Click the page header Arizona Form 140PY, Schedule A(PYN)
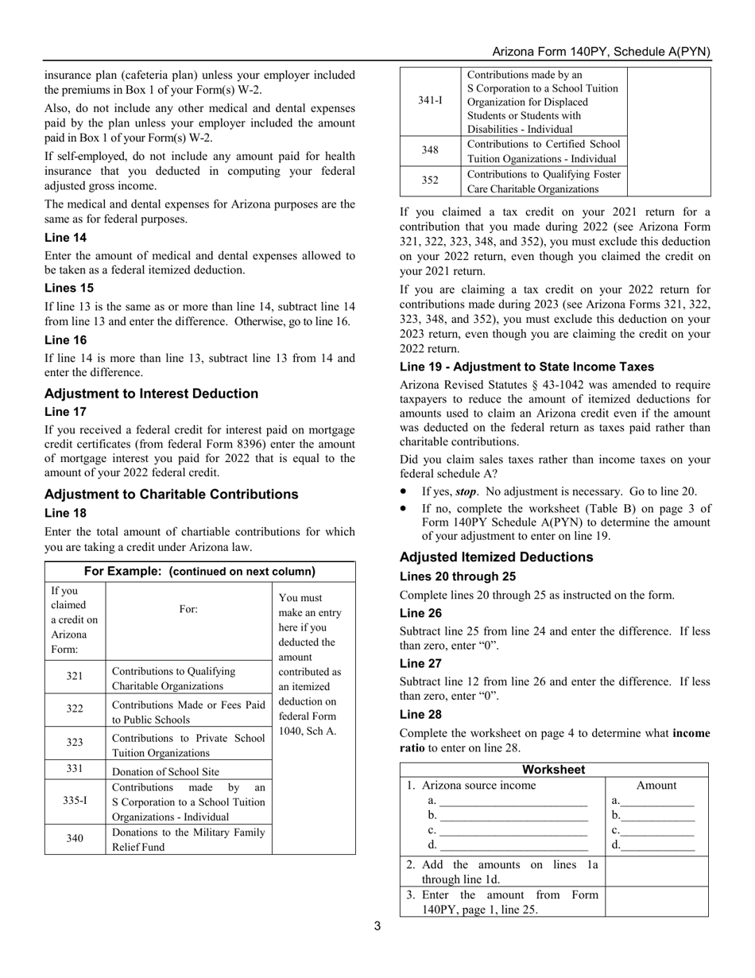click(x=601, y=52)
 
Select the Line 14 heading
click(x=66, y=238)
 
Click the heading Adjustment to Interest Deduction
click(x=151, y=394)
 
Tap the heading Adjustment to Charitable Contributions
click(x=172, y=495)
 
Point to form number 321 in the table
click(x=75, y=677)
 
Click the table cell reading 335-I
click(x=75, y=801)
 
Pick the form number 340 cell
click(x=75, y=839)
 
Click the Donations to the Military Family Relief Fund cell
click(x=188, y=839)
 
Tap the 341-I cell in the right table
click(x=430, y=101)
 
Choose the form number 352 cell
click(x=430, y=180)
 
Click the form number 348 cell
click(x=430, y=150)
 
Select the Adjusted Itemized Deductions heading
click(x=496, y=557)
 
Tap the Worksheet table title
click(x=554, y=770)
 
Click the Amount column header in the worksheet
click(x=656, y=786)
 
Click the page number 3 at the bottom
click(x=377, y=926)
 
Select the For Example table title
click(x=199, y=571)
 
